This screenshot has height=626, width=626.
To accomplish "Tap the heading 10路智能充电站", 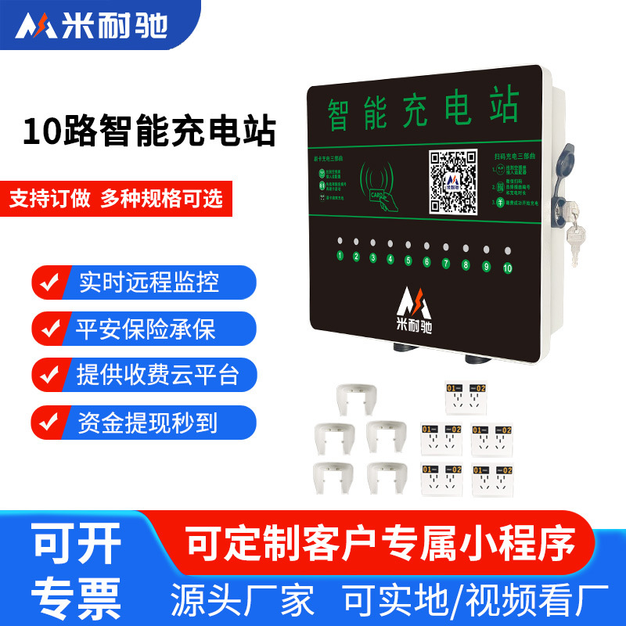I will [149, 131].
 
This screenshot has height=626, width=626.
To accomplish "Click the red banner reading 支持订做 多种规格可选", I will [116, 198].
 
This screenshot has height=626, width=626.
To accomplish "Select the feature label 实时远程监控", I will [149, 282].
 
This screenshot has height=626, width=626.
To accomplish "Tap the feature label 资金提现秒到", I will [148, 423].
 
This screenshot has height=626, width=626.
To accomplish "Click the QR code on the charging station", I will [453, 182].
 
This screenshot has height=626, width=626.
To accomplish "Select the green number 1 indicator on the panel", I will [340, 256].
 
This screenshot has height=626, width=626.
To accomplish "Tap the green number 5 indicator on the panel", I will [408, 261].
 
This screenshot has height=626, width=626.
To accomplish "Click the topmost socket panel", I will [466, 396].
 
